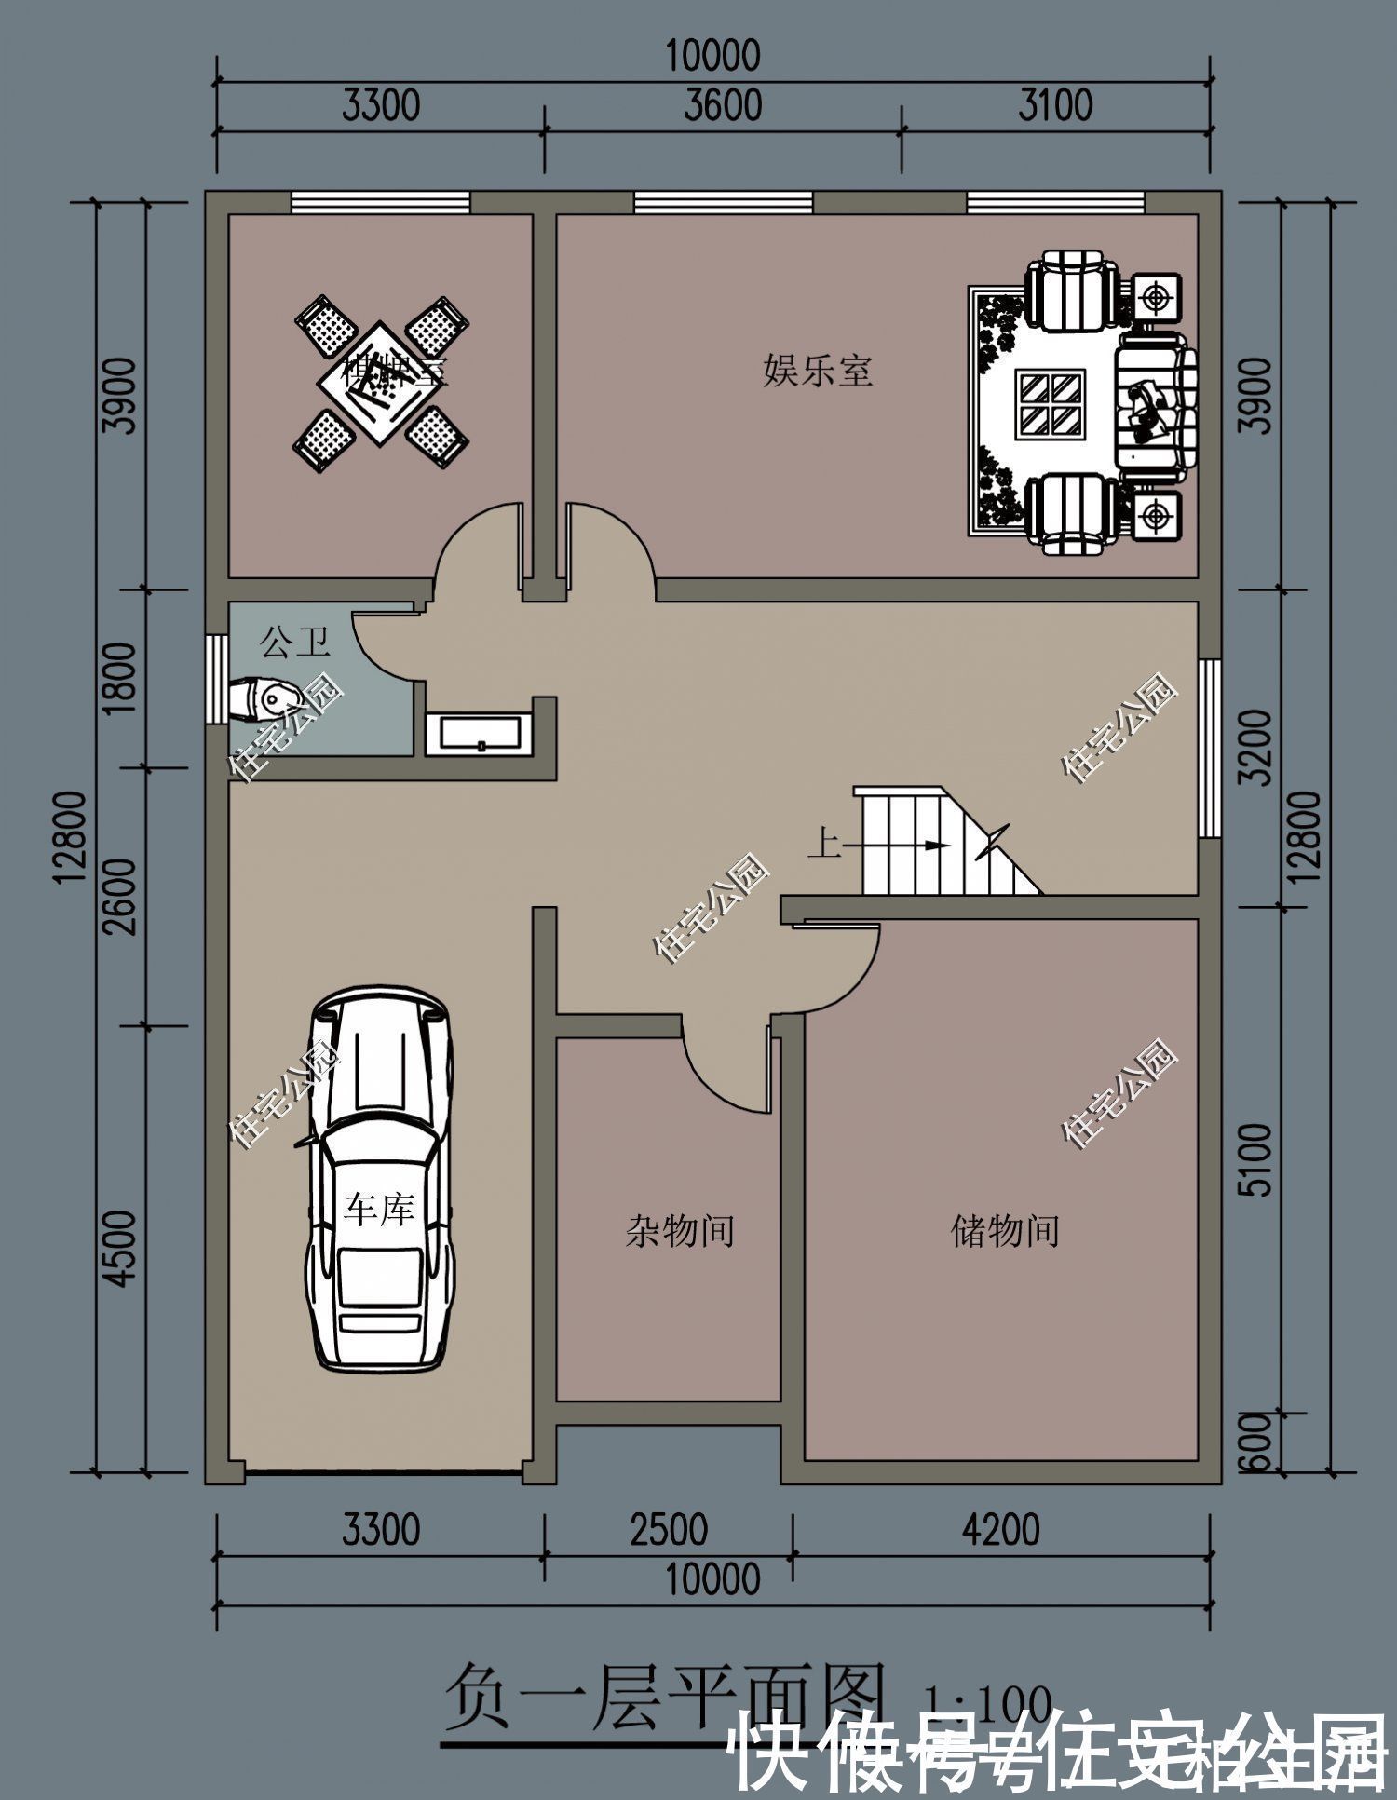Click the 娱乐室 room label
(817, 371)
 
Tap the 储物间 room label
(1005, 1231)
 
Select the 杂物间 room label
(679, 1231)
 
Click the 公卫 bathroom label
(294, 643)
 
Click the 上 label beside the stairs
(823, 846)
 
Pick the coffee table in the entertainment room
(1051, 402)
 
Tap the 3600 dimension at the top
(723, 105)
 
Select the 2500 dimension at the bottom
(669, 1531)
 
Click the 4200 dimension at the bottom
(1001, 1530)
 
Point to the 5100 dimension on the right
(1256, 1159)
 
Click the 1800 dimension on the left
(121, 678)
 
